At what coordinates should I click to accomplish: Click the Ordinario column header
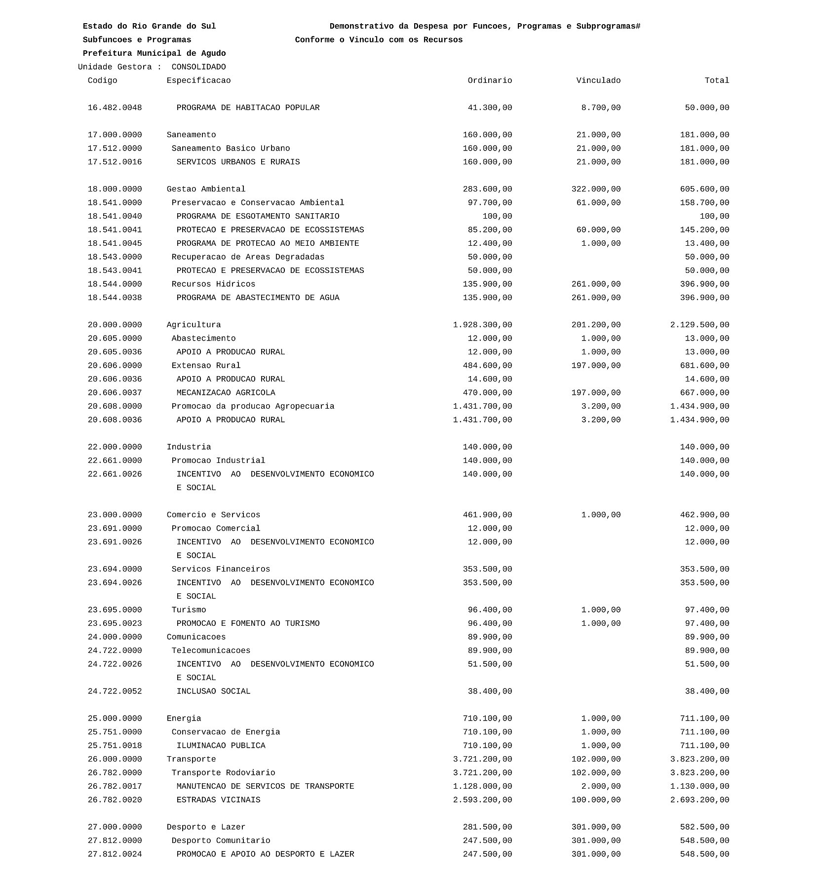point(490,80)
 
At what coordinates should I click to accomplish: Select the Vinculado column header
point(598,80)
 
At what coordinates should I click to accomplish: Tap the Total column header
point(717,80)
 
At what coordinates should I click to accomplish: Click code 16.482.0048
point(115,108)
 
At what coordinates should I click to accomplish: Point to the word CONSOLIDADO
point(198,67)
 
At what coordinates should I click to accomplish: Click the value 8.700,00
point(601,108)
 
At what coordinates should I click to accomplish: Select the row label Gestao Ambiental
point(206,189)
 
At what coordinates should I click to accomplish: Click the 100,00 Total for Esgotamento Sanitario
point(714,216)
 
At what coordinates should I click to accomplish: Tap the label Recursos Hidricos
point(213,284)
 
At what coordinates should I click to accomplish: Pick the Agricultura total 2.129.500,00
point(699,325)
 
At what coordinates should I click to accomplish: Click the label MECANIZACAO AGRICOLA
point(226,393)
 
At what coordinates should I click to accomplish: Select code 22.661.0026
point(115,474)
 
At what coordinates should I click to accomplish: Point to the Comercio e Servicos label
point(213,515)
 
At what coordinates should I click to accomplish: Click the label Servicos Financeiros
point(221,569)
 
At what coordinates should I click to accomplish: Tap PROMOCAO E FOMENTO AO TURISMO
point(248,623)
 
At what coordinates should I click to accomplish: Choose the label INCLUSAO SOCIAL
point(213,691)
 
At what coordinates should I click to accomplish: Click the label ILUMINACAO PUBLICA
point(221,746)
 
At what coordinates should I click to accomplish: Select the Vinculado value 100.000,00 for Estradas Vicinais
point(596,800)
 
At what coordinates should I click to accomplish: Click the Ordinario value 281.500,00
point(487,827)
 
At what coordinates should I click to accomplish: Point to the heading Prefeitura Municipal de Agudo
point(154,53)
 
